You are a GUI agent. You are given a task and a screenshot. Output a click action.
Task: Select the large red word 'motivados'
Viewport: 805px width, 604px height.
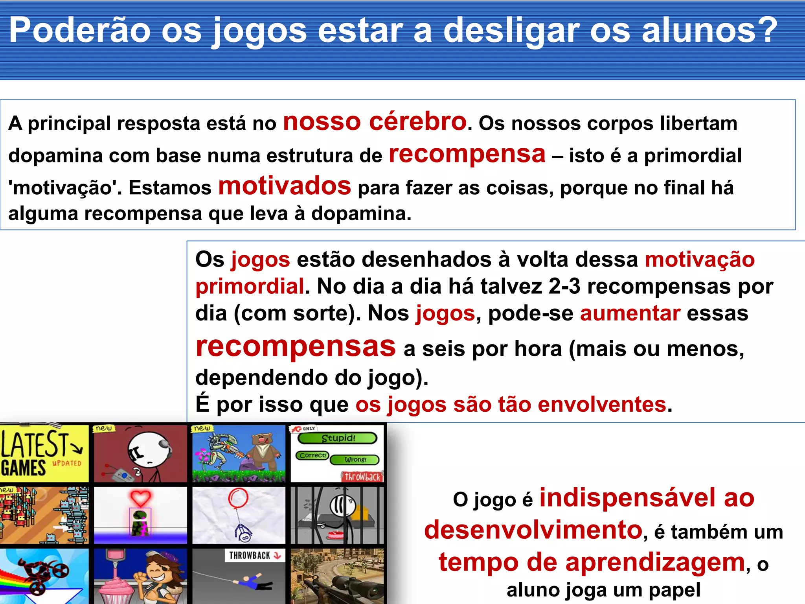(285, 186)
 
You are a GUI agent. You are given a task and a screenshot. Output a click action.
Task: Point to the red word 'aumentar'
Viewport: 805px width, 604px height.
(630, 313)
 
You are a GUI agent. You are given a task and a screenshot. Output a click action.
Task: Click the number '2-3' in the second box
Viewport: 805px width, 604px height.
(564, 286)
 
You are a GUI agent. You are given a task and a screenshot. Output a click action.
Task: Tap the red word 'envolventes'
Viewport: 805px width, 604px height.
(602, 404)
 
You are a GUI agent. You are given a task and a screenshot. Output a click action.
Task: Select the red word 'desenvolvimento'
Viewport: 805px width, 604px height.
(533, 529)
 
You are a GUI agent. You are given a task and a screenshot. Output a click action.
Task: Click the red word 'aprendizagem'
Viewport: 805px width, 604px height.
(655, 562)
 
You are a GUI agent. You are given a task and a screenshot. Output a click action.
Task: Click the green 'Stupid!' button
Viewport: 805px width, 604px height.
(338, 438)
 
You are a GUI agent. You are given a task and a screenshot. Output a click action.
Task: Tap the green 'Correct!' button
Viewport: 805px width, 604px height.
(312, 455)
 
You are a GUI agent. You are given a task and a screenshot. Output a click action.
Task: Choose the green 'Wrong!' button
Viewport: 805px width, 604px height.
(355, 460)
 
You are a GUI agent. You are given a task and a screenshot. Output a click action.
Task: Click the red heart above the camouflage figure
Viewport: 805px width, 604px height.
(140, 498)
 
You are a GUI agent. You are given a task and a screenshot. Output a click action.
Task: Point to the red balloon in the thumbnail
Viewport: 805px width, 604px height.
(238, 498)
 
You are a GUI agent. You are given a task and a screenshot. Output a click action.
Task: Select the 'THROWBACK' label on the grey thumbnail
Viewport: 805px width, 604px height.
(250, 555)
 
